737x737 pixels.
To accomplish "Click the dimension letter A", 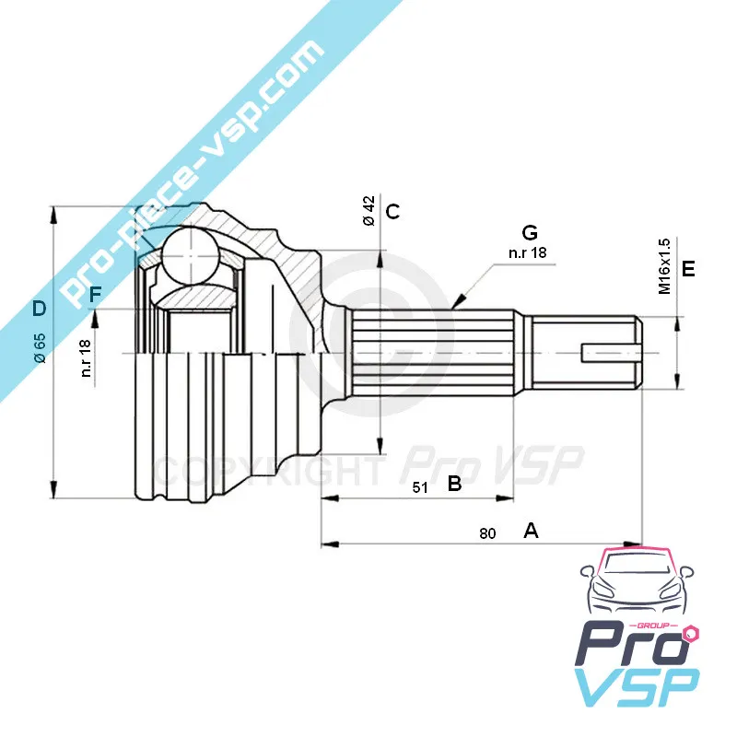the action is (531, 531).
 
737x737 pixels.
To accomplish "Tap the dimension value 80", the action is (487, 533).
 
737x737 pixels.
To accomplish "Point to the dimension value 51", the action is (420, 487).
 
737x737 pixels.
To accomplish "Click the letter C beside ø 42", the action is (392, 212).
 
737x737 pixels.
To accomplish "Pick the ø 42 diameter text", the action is (369, 211).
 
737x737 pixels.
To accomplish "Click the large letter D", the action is (40, 309).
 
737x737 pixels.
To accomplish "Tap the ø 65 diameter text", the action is (40, 348).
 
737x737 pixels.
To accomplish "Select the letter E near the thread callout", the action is (688, 268).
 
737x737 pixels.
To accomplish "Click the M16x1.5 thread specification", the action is (664, 266).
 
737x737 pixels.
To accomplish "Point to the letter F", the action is (95, 295).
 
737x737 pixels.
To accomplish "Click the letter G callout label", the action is (530, 232).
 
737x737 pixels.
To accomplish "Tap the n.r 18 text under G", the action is (527, 252).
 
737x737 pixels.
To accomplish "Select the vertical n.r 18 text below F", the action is (86, 358).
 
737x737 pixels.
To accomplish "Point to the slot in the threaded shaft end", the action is (611, 353).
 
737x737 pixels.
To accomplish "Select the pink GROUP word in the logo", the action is (657, 626).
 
